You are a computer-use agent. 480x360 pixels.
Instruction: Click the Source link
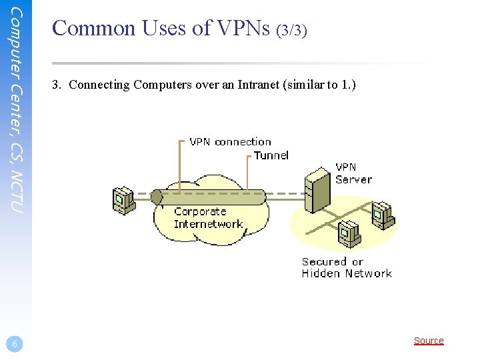click(x=429, y=341)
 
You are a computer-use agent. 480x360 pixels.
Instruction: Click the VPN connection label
click(x=230, y=141)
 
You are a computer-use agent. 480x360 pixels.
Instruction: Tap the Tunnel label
click(x=271, y=155)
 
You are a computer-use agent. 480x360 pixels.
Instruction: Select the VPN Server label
click(x=353, y=173)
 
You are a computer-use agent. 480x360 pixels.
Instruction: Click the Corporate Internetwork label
click(x=208, y=218)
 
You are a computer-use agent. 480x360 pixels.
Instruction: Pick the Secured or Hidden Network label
click(x=346, y=267)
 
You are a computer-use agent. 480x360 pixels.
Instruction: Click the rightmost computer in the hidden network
click(x=383, y=215)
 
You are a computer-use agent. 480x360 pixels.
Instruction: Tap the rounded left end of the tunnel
click(x=157, y=197)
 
